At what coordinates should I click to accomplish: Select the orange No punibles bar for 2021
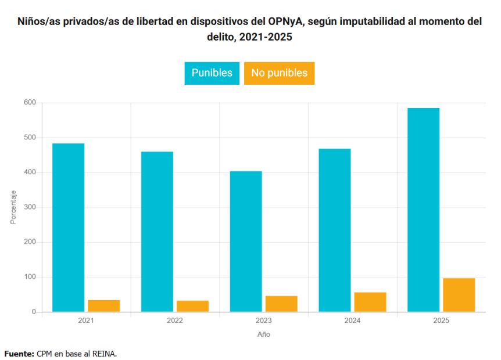click(103, 306)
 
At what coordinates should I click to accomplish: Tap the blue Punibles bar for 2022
click(157, 232)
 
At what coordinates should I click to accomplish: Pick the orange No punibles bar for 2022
click(192, 306)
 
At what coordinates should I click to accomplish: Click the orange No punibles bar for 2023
click(281, 304)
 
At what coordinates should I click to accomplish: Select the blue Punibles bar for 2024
click(335, 231)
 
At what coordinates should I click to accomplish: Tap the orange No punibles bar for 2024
click(370, 302)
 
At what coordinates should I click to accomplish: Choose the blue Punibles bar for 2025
click(424, 210)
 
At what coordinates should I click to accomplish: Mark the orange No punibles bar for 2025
click(459, 295)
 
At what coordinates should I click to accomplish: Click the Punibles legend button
click(212, 73)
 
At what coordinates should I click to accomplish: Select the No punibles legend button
click(279, 73)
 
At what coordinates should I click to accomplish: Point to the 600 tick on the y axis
click(30, 103)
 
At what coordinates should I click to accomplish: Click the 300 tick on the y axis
click(30, 207)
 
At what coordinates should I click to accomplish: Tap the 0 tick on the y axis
click(34, 312)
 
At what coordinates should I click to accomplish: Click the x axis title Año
click(263, 334)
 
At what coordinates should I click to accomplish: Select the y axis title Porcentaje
click(13, 207)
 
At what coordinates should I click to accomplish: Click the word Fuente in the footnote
click(19, 353)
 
